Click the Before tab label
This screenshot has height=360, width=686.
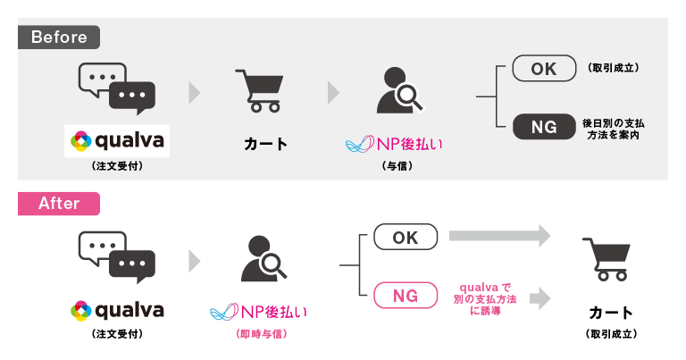(59, 37)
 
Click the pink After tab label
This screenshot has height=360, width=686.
(59, 203)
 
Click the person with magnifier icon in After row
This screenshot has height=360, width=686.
(264, 258)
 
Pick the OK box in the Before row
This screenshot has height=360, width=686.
(543, 69)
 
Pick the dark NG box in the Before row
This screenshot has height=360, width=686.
(543, 126)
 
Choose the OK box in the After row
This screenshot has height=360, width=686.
(406, 237)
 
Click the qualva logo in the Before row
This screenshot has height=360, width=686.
(116, 141)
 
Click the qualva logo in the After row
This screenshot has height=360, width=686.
(116, 310)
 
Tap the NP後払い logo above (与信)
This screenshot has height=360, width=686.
(394, 144)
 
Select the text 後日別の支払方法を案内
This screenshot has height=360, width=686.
(614, 128)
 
